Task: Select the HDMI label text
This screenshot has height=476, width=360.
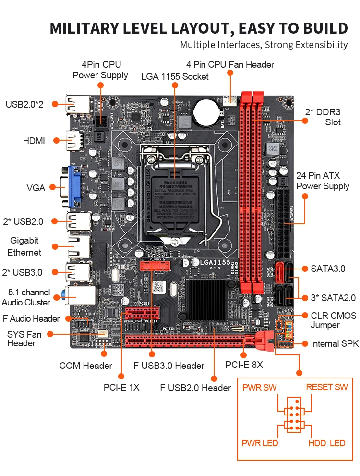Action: point(34,141)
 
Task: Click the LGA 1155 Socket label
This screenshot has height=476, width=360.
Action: point(175,76)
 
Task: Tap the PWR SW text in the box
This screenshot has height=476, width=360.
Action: point(259,387)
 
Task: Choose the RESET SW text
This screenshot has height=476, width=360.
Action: point(327,387)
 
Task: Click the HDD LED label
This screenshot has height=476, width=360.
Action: point(326,443)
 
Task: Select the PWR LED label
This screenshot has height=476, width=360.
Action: point(260,443)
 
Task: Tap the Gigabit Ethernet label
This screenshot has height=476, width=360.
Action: point(24,246)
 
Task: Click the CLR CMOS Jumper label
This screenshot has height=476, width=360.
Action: point(334,320)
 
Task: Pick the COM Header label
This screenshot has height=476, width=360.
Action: point(85,366)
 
